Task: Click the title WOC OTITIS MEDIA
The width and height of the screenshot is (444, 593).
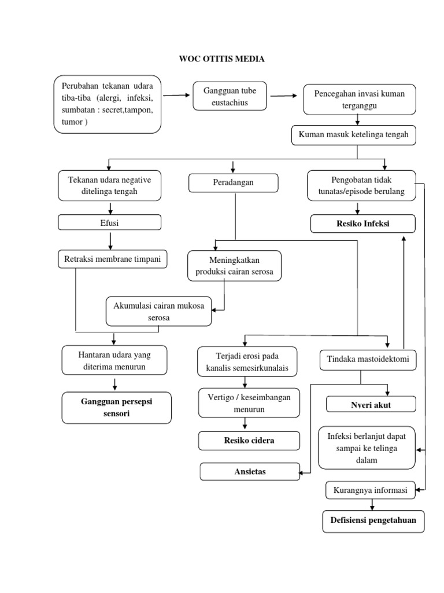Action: [x=222, y=59]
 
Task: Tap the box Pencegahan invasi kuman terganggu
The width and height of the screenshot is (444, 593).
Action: [x=359, y=99]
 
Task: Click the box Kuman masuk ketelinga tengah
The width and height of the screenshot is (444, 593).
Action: [x=353, y=134]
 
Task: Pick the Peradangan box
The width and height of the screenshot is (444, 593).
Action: [x=234, y=183]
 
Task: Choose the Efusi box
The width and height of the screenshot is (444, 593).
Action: [x=109, y=222]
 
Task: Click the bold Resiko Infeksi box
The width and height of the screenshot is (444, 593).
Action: [x=362, y=223]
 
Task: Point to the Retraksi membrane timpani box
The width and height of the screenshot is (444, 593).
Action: [x=113, y=259]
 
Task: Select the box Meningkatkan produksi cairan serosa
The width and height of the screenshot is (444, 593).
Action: [x=235, y=266]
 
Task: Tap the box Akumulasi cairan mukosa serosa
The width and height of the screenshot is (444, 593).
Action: [x=159, y=312]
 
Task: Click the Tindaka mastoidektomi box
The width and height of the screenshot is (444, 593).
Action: [x=368, y=360]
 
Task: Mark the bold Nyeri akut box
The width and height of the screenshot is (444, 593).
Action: [x=371, y=404]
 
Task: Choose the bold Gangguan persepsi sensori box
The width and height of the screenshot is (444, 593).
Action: [x=117, y=408]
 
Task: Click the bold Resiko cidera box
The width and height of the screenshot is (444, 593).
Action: [x=249, y=440]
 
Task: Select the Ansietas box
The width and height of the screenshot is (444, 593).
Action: [x=250, y=472]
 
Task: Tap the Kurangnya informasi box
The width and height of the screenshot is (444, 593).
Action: [x=371, y=490]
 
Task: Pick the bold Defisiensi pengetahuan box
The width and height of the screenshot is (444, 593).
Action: [x=373, y=520]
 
